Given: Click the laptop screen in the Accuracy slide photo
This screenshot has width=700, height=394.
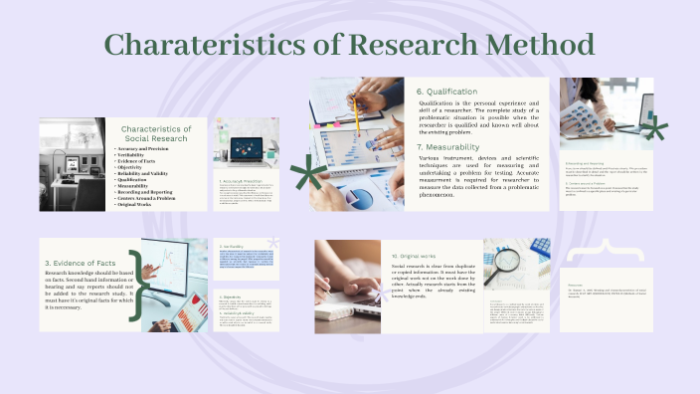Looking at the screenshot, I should tap(244, 147).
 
